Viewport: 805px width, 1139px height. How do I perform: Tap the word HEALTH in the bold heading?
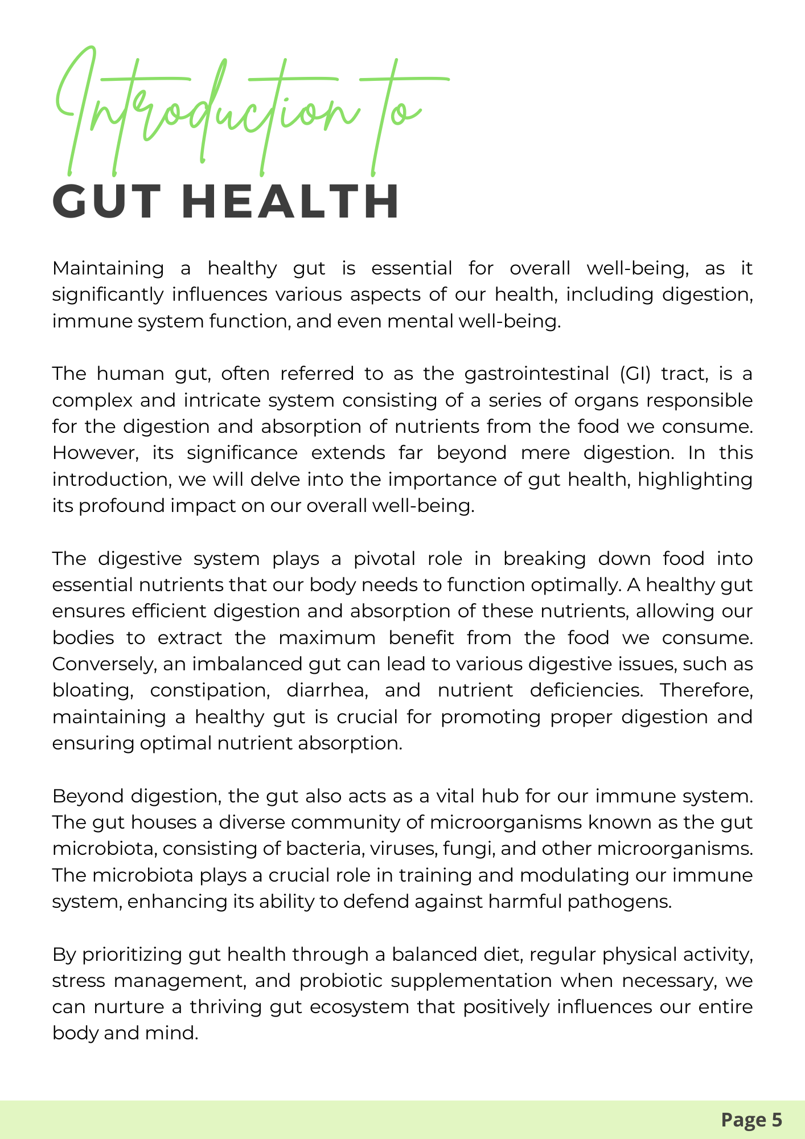pos(293,202)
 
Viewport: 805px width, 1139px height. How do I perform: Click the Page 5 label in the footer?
pos(751,1120)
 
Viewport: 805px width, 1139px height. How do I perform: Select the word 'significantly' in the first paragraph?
pos(108,295)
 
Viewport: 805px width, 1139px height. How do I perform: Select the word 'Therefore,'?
pos(706,690)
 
